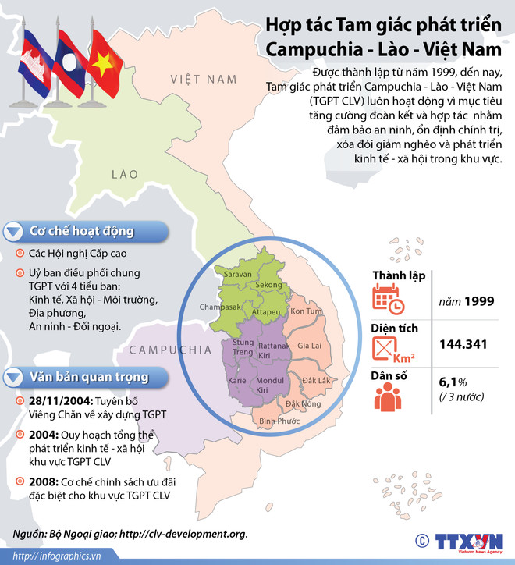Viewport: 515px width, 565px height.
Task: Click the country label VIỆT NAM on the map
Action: (204, 80)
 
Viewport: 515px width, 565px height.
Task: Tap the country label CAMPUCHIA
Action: (170, 349)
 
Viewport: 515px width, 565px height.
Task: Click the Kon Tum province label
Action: (306, 312)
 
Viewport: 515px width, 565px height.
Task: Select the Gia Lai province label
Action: (311, 345)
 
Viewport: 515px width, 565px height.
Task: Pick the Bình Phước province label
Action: (279, 421)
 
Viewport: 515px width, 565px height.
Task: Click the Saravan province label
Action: (238, 275)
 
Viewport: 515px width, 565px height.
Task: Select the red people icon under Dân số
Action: (387, 396)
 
